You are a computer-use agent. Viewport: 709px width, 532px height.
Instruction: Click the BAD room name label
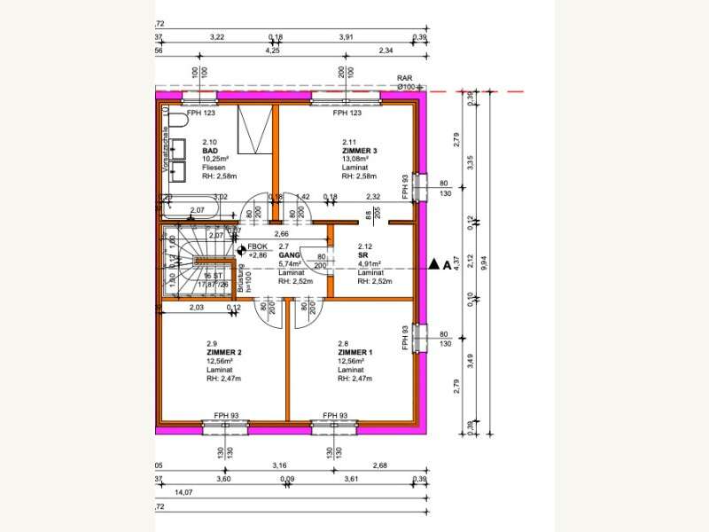point(210,152)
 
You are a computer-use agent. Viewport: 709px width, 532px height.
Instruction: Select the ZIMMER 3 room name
point(360,152)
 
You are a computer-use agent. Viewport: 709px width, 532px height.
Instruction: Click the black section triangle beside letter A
point(433,263)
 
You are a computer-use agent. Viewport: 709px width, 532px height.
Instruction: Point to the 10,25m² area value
point(217,160)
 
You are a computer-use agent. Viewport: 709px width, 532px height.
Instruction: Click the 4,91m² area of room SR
point(370,263)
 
